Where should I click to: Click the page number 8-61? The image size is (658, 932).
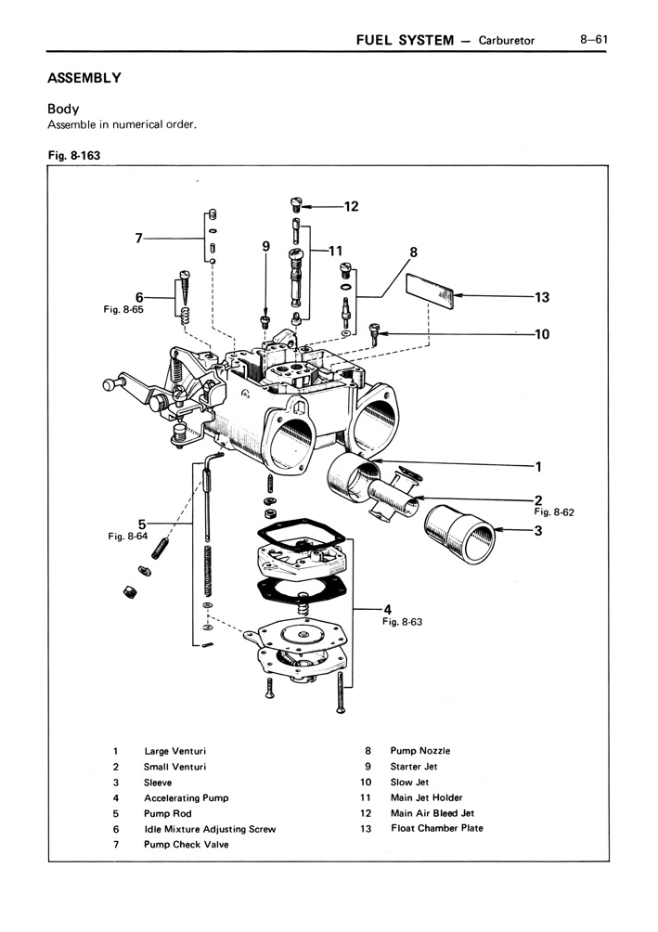coord(593,40)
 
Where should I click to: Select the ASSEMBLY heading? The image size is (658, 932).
coord(84,77)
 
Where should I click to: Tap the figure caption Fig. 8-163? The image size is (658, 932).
coord(74,156)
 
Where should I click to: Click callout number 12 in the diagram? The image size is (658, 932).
coord(350,207)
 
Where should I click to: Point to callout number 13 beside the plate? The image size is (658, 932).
coord(542,298)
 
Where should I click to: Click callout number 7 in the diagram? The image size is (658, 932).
coord(139,239)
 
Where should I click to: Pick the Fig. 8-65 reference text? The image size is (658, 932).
coord(123,310)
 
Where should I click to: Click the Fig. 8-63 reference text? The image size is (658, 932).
coord(402,623)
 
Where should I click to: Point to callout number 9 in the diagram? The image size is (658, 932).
coord(265,247)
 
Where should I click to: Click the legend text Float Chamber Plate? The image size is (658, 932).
coord(436,828)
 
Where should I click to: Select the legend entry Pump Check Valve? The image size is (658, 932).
coord(186,845)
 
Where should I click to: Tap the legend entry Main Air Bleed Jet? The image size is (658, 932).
coord(432,813)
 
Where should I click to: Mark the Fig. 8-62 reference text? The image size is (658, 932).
coord(555,511)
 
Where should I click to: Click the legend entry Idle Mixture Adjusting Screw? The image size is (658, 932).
coord(209,829)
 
